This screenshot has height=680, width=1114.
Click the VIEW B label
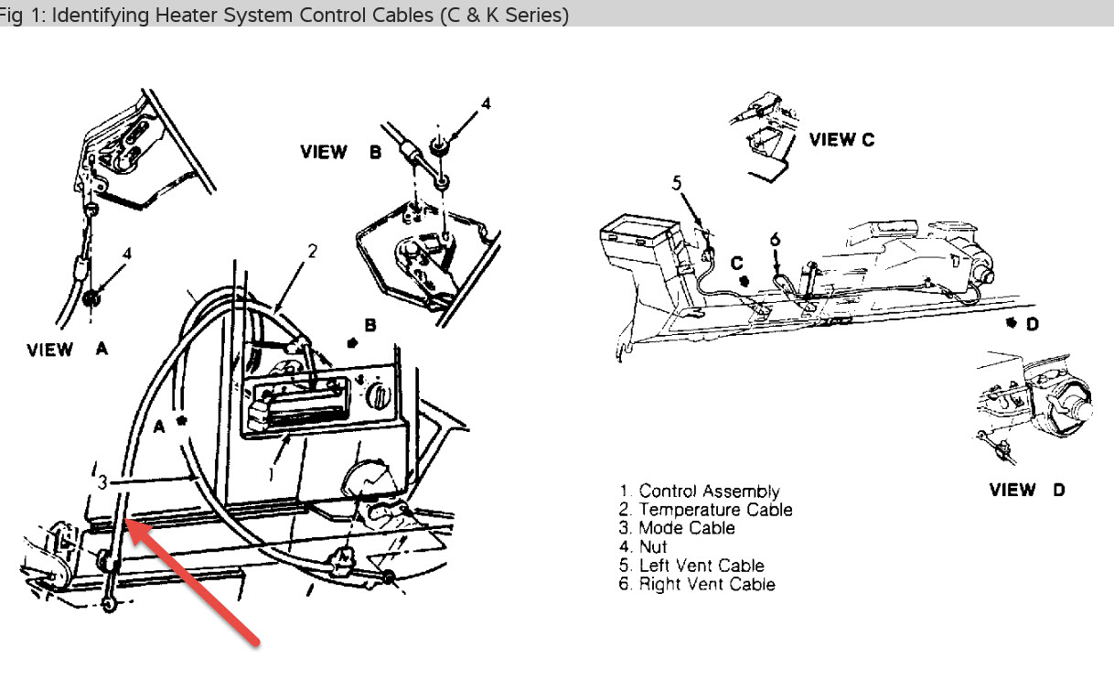pyautogui.click(x=340, y=153)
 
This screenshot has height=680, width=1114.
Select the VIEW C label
pyautogui.click(x=841, y=140)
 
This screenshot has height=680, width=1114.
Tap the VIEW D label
pyautogui.click(x=1027, y=490)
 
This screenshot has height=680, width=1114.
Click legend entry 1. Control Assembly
pyautogui.click(x=699, y=491)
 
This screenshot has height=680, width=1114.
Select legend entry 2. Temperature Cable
pyautogui.click(x=705, y=510)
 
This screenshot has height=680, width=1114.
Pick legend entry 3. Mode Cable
pyautogui.click(x=676, y=528)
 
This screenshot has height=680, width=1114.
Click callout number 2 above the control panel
pyautogui.click(x=312, y=251)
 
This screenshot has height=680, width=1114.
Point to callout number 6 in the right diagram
pyautogui.click(x=775, y=240)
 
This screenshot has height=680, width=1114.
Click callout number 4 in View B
pyautogui.click(x=486, y=104)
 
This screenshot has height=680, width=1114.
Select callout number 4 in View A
pyautogui.click(x=127, y=254)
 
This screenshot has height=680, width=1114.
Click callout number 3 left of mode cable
pyautogui.click(x=103, y=481)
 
